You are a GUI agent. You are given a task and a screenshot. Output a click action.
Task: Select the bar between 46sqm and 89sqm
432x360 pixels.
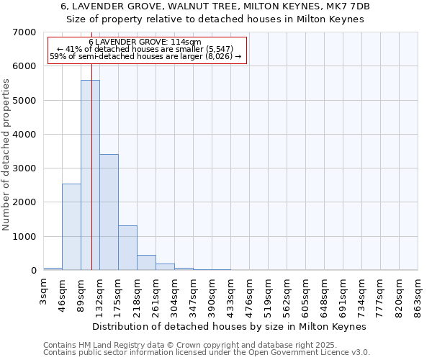[x=71, y=227]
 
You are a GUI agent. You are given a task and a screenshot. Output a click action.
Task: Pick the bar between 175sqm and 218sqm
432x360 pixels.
[x=127, y=248]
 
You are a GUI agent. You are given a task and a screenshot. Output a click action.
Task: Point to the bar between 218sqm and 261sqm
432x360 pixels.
[x=146, y=263]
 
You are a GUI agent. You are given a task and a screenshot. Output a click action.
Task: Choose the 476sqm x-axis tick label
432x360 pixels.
[x=250, y=296]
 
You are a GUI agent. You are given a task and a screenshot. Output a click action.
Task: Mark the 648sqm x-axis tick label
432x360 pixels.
[x=325, y=296]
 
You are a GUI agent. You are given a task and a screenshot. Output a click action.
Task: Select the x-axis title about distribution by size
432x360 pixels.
[x=230, y=326]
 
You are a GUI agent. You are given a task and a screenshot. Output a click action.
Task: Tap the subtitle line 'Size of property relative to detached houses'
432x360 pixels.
[x=215, y=19]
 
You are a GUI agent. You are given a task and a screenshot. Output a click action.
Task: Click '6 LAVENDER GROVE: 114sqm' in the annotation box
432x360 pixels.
[x=145, y=42]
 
